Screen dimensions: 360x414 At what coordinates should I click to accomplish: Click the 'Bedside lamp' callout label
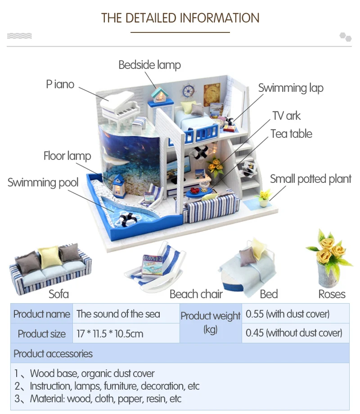(149, 65)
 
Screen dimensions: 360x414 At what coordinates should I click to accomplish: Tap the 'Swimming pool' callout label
(43, 182)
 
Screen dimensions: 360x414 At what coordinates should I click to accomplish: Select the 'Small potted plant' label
(310, 179)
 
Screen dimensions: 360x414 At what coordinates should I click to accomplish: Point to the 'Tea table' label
(292, 134)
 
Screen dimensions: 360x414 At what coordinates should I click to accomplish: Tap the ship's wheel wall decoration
(188, 91)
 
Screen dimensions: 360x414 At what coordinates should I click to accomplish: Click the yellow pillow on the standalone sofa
(50, 257)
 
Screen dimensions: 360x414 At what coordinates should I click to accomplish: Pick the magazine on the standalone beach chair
(152, 266)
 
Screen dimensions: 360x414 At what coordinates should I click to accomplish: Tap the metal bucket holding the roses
(328, 275)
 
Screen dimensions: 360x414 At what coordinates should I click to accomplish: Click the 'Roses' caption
(332, 294)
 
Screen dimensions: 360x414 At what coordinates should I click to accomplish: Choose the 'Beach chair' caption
(196, 294)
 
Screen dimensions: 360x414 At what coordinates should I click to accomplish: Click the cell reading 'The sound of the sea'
(126, 314)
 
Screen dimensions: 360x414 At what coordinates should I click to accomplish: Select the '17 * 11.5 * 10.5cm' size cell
(126, 333)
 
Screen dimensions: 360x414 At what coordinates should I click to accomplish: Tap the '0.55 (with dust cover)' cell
(295, 314)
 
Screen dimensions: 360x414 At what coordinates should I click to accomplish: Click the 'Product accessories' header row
(180, 353)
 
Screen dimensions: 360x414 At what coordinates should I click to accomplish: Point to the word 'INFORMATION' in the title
(220, 18)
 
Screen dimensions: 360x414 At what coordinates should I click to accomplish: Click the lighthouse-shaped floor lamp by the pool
(119, 186)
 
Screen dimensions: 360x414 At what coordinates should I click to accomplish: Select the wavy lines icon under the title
(19, 36)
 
